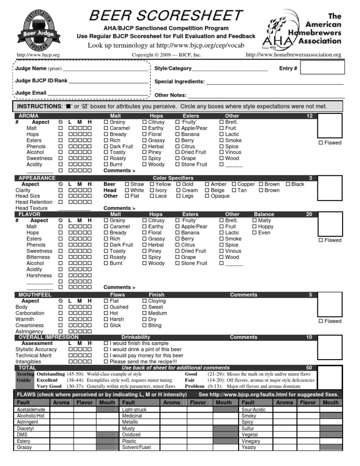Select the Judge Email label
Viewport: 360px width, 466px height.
coord(31,93)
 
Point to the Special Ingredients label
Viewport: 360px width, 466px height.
coord(180,82)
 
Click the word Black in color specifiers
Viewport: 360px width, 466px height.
coord(298,184)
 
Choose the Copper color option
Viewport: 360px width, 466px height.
coord(246,184)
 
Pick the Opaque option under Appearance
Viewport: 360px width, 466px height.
coord(220,196)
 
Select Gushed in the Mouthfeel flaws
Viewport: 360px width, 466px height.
coord(119,307)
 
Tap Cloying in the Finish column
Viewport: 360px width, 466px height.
coord(157,301)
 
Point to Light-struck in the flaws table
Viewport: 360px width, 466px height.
coord(134,410)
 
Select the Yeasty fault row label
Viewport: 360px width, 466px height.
coord(249,448)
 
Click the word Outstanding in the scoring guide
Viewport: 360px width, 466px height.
coord(51,375)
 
